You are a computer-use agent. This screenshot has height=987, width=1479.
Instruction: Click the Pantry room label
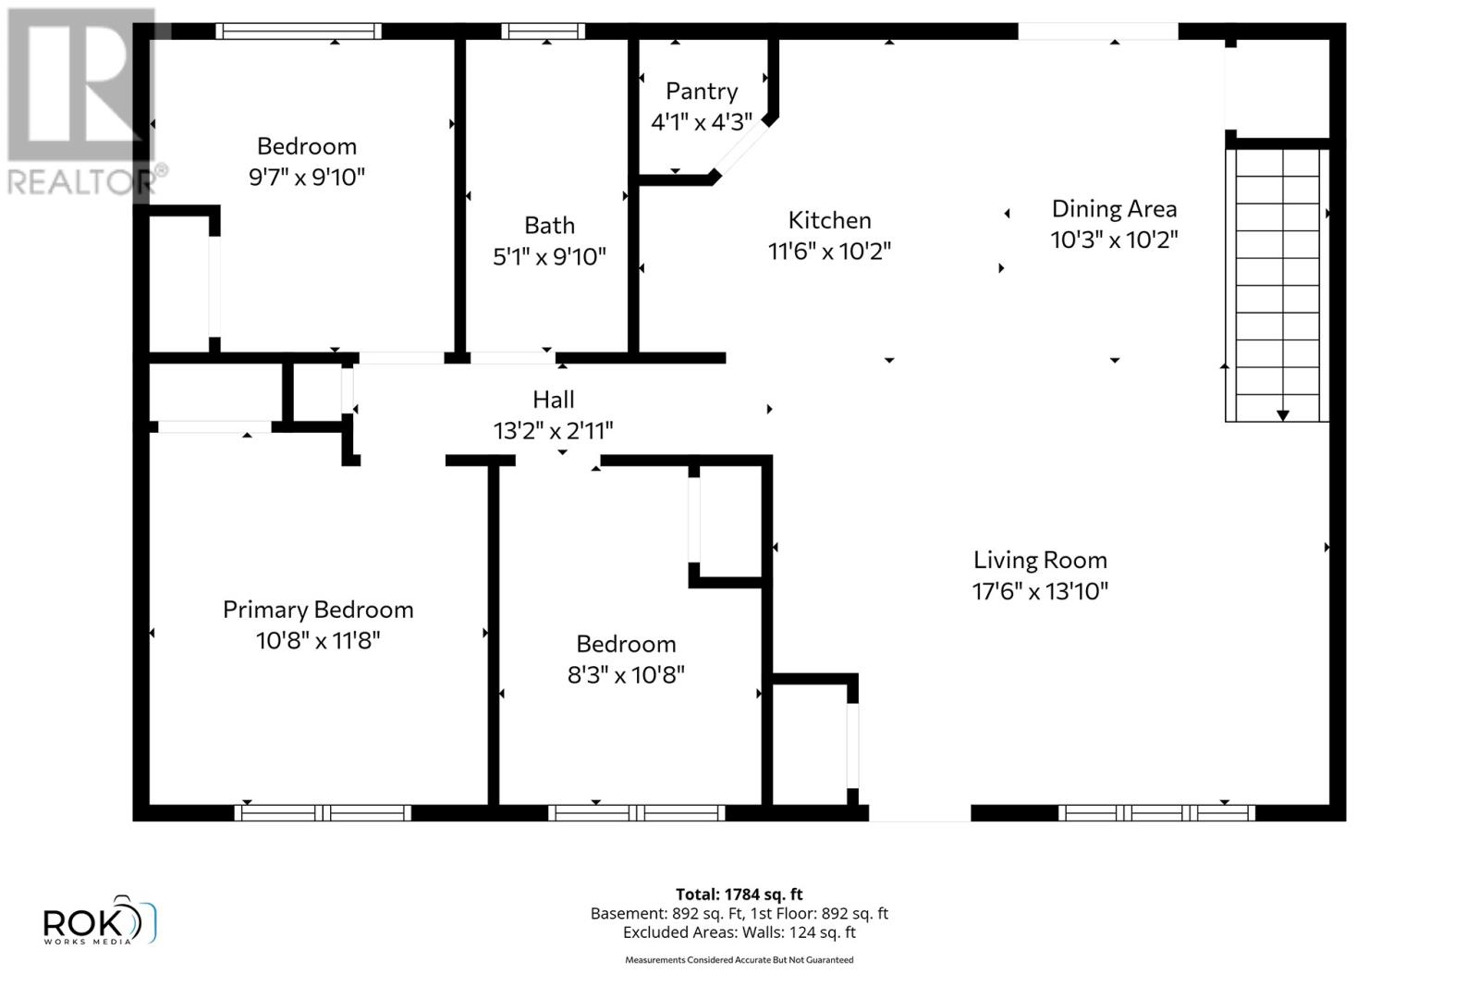702,91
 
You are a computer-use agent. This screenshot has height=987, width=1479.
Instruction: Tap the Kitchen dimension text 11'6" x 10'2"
829,251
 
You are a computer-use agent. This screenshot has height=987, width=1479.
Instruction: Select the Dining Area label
1114,209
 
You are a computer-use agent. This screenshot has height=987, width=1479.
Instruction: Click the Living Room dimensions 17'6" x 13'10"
1040,591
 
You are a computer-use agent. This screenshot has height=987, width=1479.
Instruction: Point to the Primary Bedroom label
318,610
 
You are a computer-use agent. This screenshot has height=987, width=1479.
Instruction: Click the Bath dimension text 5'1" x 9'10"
549,256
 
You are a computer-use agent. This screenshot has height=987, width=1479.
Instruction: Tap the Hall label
553,400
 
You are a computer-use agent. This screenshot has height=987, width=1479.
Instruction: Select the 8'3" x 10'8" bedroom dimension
626,675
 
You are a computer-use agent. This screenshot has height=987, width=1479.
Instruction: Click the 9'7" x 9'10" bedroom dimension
307,177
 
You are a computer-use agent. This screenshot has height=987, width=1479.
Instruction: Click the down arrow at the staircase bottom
1282,415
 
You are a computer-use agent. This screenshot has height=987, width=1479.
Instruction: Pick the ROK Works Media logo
100,921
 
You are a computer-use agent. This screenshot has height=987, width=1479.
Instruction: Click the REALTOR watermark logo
83,102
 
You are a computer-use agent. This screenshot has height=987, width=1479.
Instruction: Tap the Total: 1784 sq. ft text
739,894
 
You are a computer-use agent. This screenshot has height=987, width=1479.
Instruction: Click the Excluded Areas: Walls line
739,932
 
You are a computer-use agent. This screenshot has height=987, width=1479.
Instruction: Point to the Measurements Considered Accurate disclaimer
739,960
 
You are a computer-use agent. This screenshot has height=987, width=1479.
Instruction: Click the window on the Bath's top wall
543,31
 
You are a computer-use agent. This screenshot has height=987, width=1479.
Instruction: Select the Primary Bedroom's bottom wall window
323,813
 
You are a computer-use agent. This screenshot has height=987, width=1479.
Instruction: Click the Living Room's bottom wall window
1155,813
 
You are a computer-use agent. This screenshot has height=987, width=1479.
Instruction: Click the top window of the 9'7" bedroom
299,31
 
